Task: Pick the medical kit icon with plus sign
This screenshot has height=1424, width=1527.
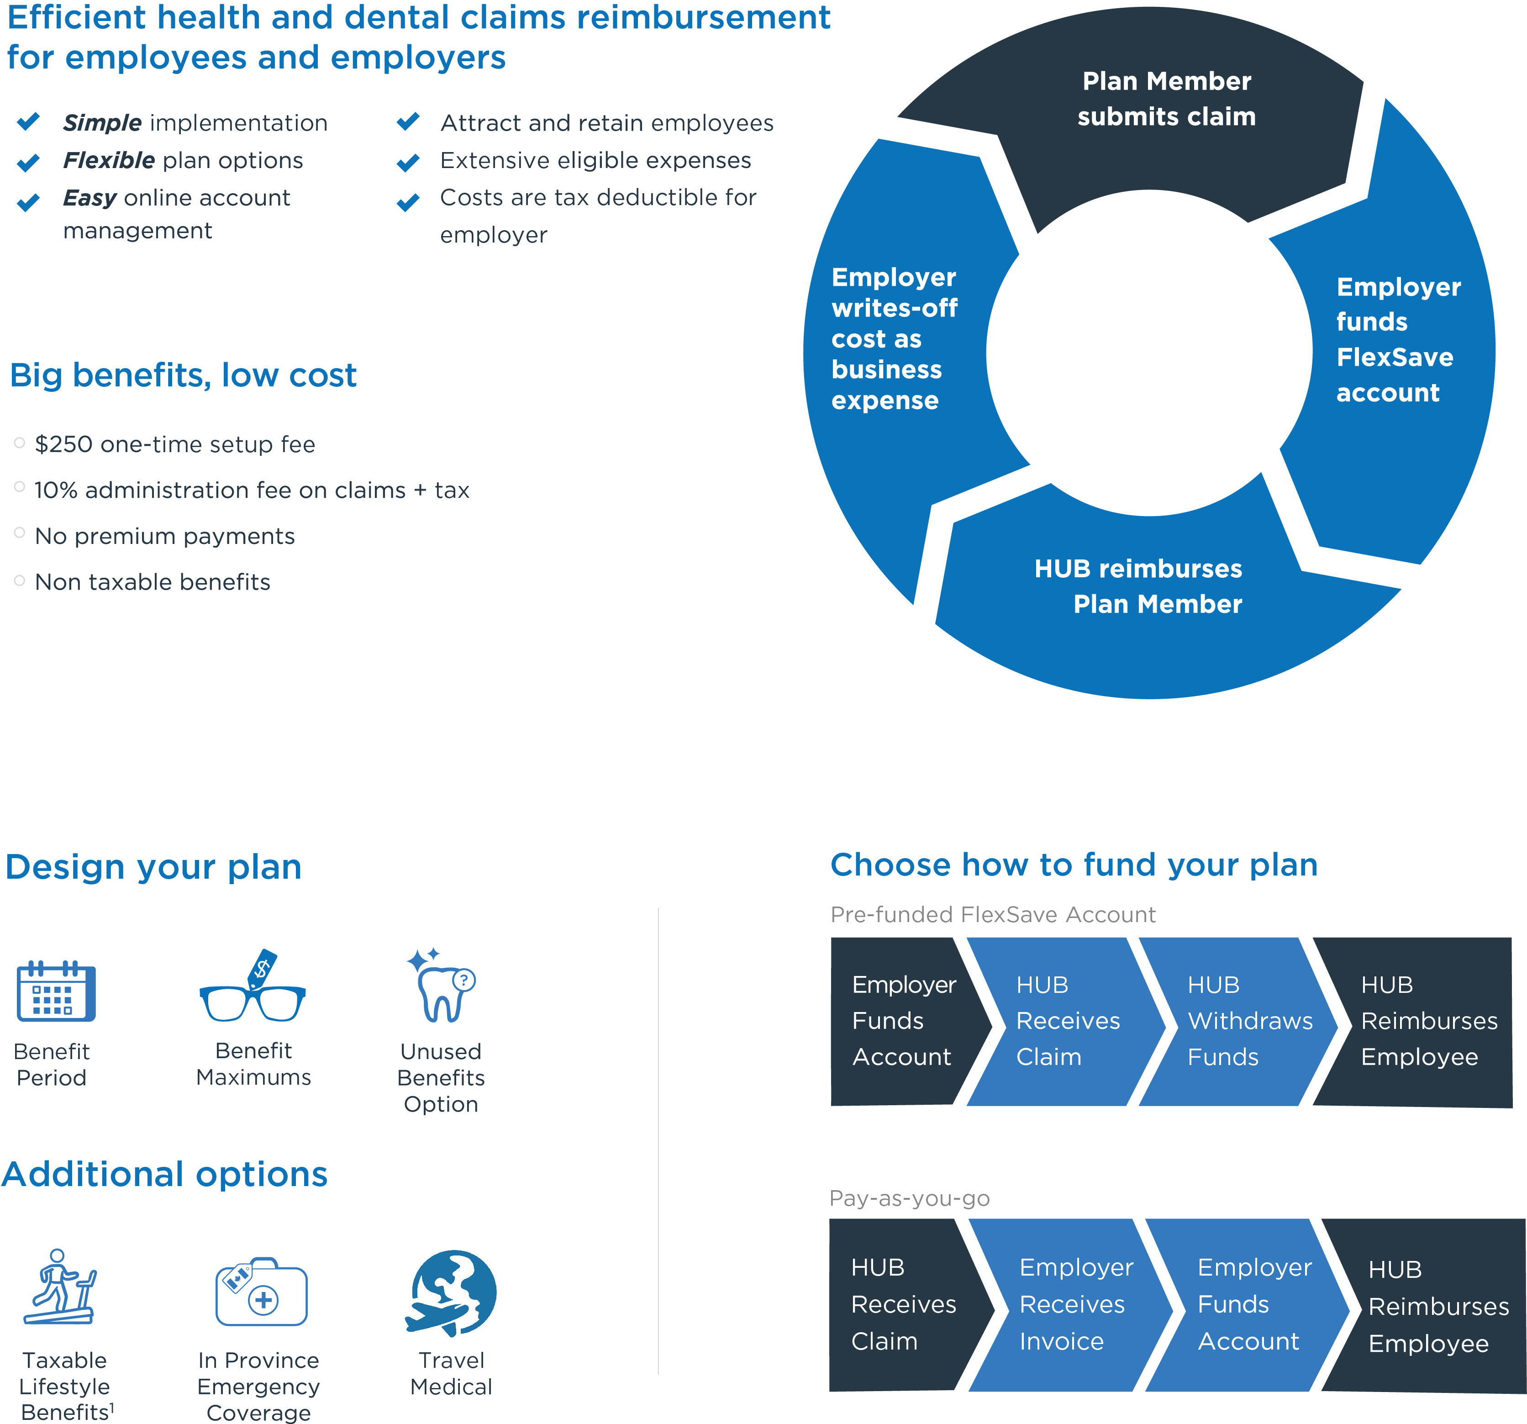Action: [261, 1292]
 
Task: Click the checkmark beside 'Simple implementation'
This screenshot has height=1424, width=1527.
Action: [28, 121]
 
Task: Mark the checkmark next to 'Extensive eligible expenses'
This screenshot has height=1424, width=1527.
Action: [408, 162]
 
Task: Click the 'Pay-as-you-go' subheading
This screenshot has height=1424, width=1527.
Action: [910, 1198]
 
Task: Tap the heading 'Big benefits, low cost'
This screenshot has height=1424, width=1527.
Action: [183, 375]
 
